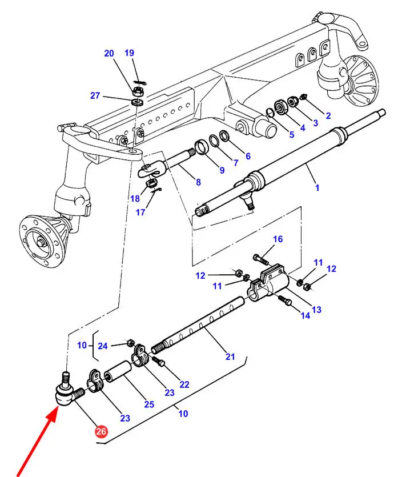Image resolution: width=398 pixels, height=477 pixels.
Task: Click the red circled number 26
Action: (101, 431)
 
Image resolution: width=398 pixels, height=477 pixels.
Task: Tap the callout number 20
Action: (109, 53)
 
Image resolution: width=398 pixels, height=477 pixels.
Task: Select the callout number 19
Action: (129, 53)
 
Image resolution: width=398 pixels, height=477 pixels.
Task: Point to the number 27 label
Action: (95, 95)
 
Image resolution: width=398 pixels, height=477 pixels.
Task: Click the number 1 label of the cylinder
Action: (317, 188)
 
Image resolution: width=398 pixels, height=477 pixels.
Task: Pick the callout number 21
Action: (230, 356)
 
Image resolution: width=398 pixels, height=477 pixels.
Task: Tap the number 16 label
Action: (278, 239)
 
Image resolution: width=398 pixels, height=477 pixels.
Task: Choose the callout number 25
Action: (149, 404)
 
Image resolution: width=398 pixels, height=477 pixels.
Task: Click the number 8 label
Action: (198, 182)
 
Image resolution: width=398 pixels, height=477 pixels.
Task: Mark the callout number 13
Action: (316, 310)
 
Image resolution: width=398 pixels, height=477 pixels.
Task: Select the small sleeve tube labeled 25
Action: (118, 369)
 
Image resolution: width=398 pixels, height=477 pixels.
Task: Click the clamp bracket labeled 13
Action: (269, 283)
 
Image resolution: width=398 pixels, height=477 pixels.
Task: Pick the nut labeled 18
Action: (151, 183)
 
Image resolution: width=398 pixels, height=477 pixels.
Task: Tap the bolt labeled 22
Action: (159, 361)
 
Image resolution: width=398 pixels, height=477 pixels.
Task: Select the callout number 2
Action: (328, 115)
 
